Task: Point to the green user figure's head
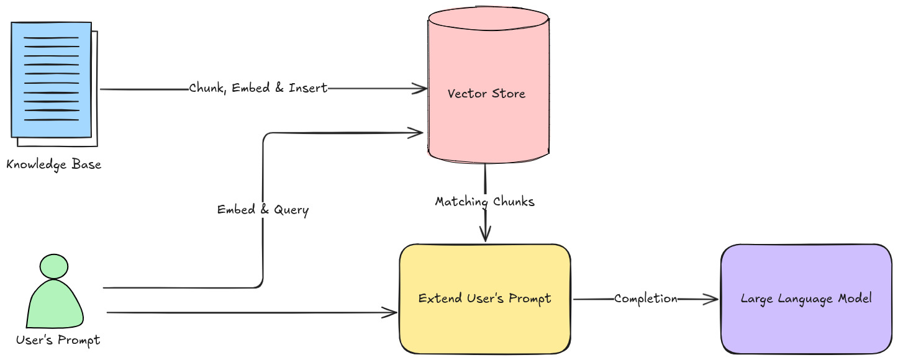(53, 266)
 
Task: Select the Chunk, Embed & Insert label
(258, 89)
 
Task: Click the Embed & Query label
(263, 210)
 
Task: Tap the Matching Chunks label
(484, 202)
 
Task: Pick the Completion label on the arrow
(646, 299)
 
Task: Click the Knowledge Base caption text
(53, 165)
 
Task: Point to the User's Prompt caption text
(58, 340)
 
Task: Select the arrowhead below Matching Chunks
(484, 235)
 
